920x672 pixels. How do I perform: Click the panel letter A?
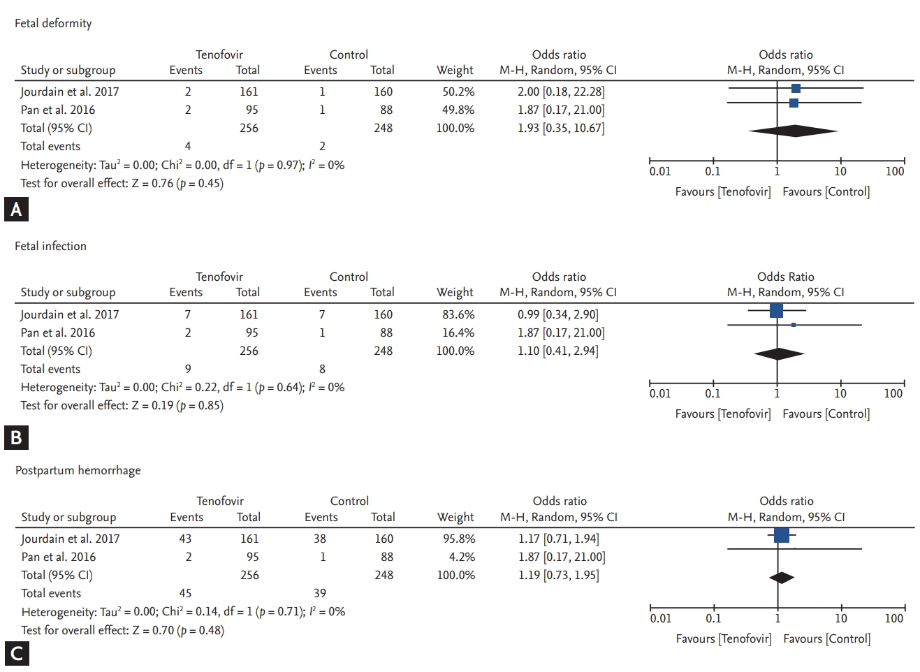click(16, 210)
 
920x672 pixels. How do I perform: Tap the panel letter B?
click(16, 437)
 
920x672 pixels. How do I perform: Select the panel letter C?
click(16, 654)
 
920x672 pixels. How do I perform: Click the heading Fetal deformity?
click(53, 23)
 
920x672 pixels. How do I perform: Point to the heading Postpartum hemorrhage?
click(78, 470)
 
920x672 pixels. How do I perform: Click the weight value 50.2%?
click(458, 92)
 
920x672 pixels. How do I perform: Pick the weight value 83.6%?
click(458, 314)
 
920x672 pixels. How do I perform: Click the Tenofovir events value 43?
click(185, 539)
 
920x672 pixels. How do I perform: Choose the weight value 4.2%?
click(462, 557)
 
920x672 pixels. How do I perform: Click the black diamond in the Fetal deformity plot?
click(793, 131)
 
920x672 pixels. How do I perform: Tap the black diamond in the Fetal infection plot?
click(779, 354)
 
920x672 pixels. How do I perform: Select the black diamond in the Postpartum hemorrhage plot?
click(782, 578)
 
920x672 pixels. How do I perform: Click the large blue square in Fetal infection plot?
click(776, 310)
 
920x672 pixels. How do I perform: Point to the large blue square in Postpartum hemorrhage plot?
click(782, 535)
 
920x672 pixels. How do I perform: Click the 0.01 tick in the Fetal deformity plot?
click(659, 171)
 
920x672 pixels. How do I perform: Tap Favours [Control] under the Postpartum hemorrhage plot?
click(826, 638)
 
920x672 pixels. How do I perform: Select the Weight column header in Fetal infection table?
click(455, 292)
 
